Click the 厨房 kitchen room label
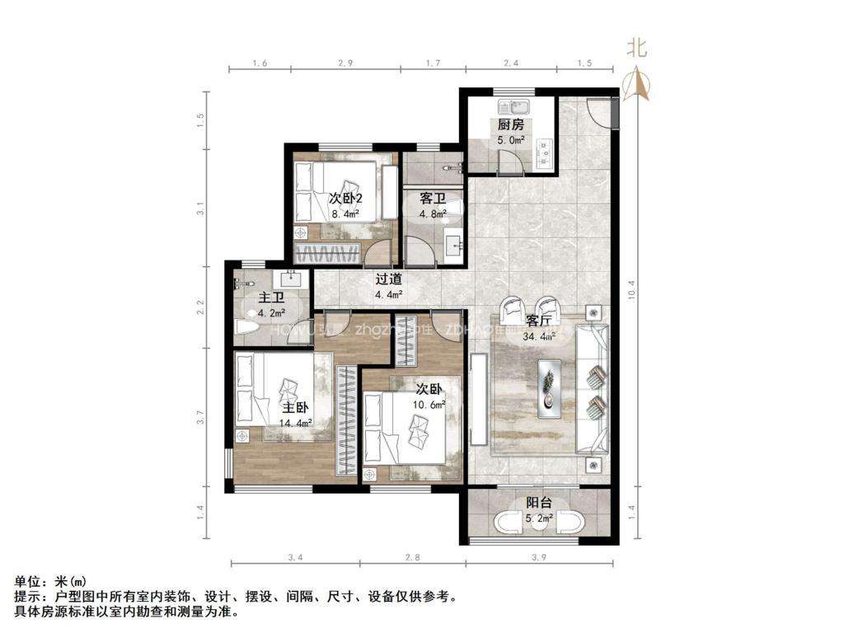click(510, 125)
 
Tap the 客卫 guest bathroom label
click(433, 199)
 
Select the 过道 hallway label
click(388, 279)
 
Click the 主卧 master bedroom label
click(296, 408)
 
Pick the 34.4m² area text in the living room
click(539, 335)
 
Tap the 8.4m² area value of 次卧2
click(346, 214)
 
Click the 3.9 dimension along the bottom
click(539, 558)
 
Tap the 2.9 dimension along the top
click(345, 63)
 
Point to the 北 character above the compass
click(636, 48)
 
